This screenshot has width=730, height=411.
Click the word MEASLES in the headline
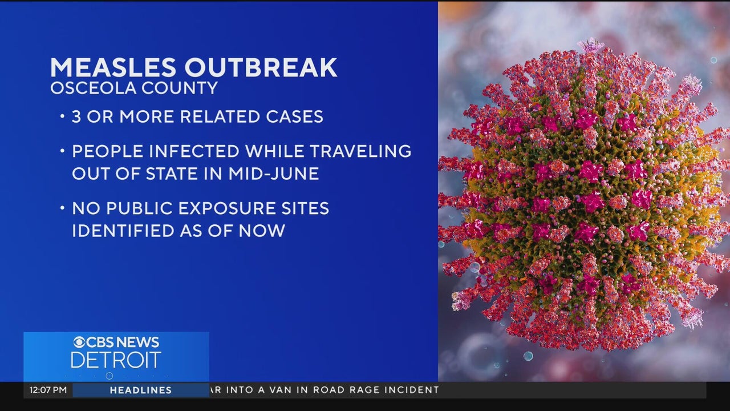(113, 67)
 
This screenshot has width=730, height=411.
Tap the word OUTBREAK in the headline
(261, 67)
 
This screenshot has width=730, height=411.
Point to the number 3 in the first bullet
(76, 116)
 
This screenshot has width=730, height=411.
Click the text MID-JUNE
(273, 173)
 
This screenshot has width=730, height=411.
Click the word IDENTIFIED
(123, 231)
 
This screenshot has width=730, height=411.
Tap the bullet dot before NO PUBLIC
(62, 207)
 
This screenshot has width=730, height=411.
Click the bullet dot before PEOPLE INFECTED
(62, 150)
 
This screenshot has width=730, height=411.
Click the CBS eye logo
(79, 342)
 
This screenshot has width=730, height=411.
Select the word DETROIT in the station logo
(116, 360)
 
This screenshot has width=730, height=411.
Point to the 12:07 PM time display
(48, 390)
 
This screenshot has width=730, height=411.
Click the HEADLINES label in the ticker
(141, 390)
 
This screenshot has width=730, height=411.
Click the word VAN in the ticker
(279, 390)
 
